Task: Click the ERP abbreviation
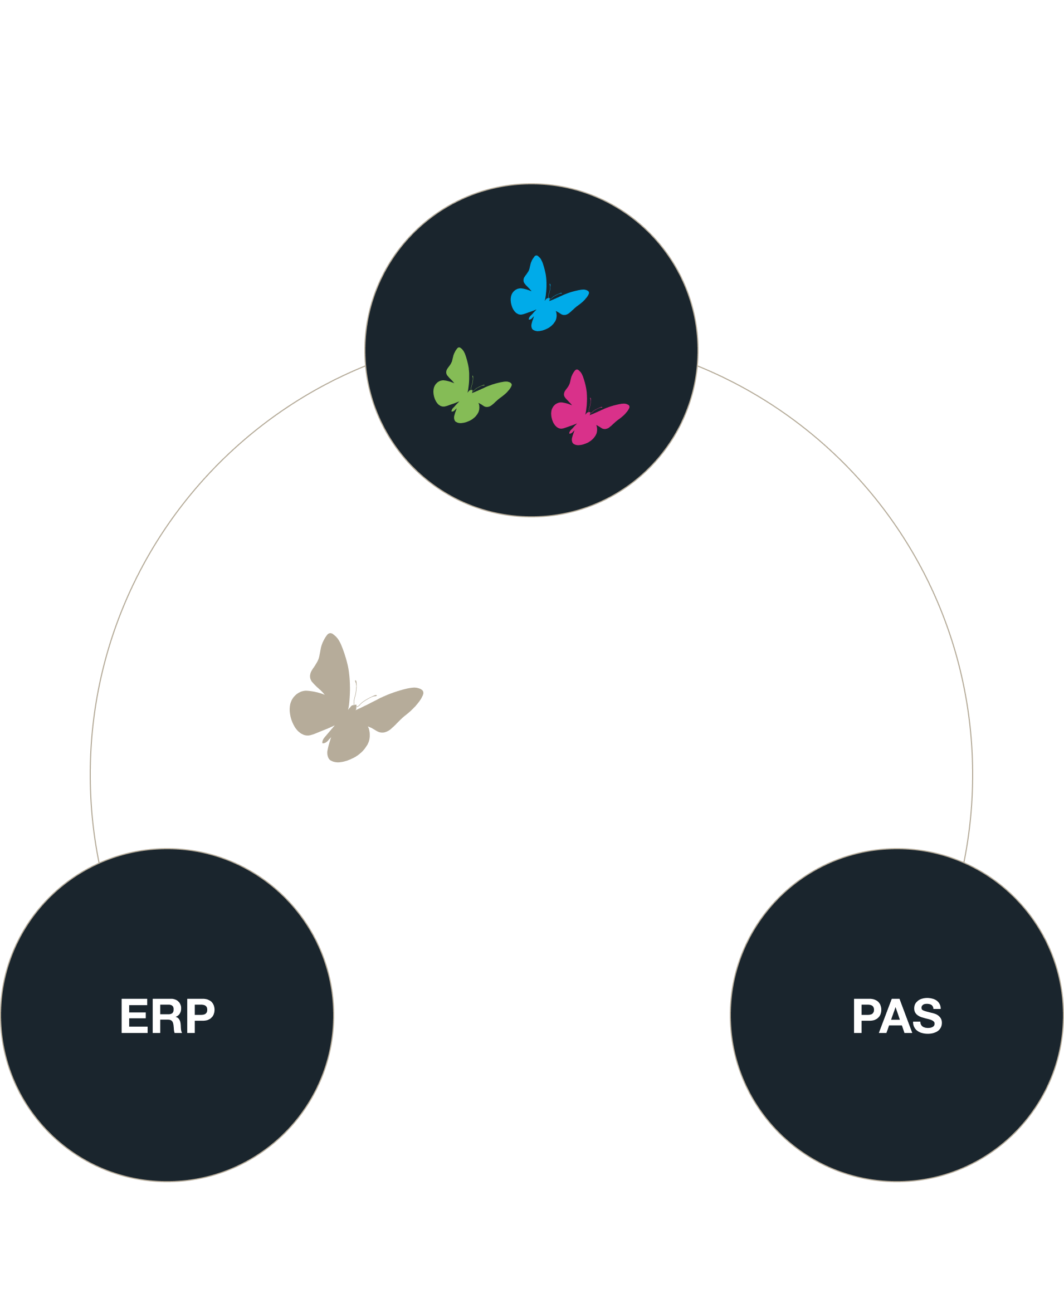pos(167,1017)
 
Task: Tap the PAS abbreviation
pos(897,1017)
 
